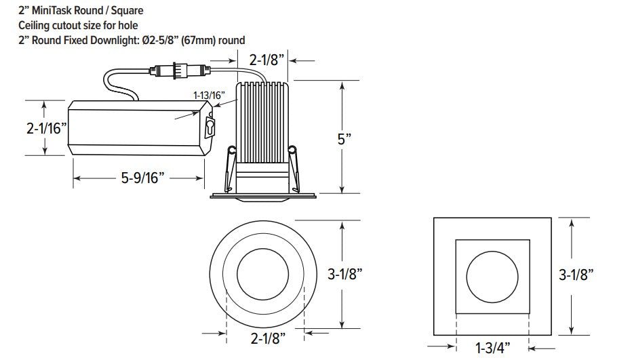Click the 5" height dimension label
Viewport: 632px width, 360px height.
click(344, 140)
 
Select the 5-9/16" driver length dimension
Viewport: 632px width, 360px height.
click(142, 178)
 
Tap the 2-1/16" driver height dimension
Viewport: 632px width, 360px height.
click(46, 129)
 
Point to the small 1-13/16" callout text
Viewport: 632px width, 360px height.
click(209, 96)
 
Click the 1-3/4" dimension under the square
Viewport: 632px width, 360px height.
click(492, 348)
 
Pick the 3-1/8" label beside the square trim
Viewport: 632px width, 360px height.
click(576, 275)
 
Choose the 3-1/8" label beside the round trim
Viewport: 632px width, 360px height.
click(344, 274)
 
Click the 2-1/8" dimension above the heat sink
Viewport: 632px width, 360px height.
click(266, 60)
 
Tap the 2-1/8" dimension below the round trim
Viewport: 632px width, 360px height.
click(268, 338)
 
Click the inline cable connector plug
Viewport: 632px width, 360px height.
click(180, 71)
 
